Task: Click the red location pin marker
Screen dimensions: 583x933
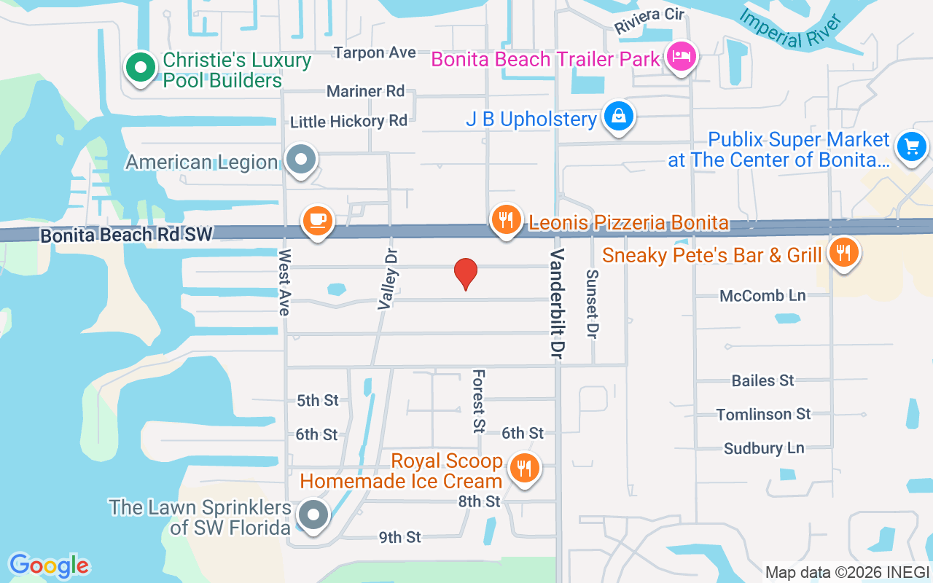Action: (x=466, y=273)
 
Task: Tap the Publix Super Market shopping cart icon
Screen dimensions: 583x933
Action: (x=911, y=146)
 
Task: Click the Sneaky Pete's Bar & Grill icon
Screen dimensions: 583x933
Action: (x=843, y=253)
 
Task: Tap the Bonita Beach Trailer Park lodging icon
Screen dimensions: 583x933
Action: (x=681, y=56)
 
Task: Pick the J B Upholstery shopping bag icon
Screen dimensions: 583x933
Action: (x=618, y=116)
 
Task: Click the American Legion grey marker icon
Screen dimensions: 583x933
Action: (x=300, y=159)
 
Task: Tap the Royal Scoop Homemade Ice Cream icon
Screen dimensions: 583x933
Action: (x=523, y=467)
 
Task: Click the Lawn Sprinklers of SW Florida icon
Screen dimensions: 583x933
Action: (x=313, y=514)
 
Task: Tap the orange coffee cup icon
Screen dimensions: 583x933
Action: (x=317, y=219)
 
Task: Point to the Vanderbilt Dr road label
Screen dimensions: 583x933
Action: (x=558, y=303)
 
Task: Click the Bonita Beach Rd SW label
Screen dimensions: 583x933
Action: (x=126, y=235)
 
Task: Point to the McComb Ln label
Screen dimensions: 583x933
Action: (x=762, y=296)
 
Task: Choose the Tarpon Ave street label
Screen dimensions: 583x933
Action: (x=375, y=52)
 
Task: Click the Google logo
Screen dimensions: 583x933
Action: (x=49, y=566)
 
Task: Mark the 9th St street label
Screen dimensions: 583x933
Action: (x=399, y=537)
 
